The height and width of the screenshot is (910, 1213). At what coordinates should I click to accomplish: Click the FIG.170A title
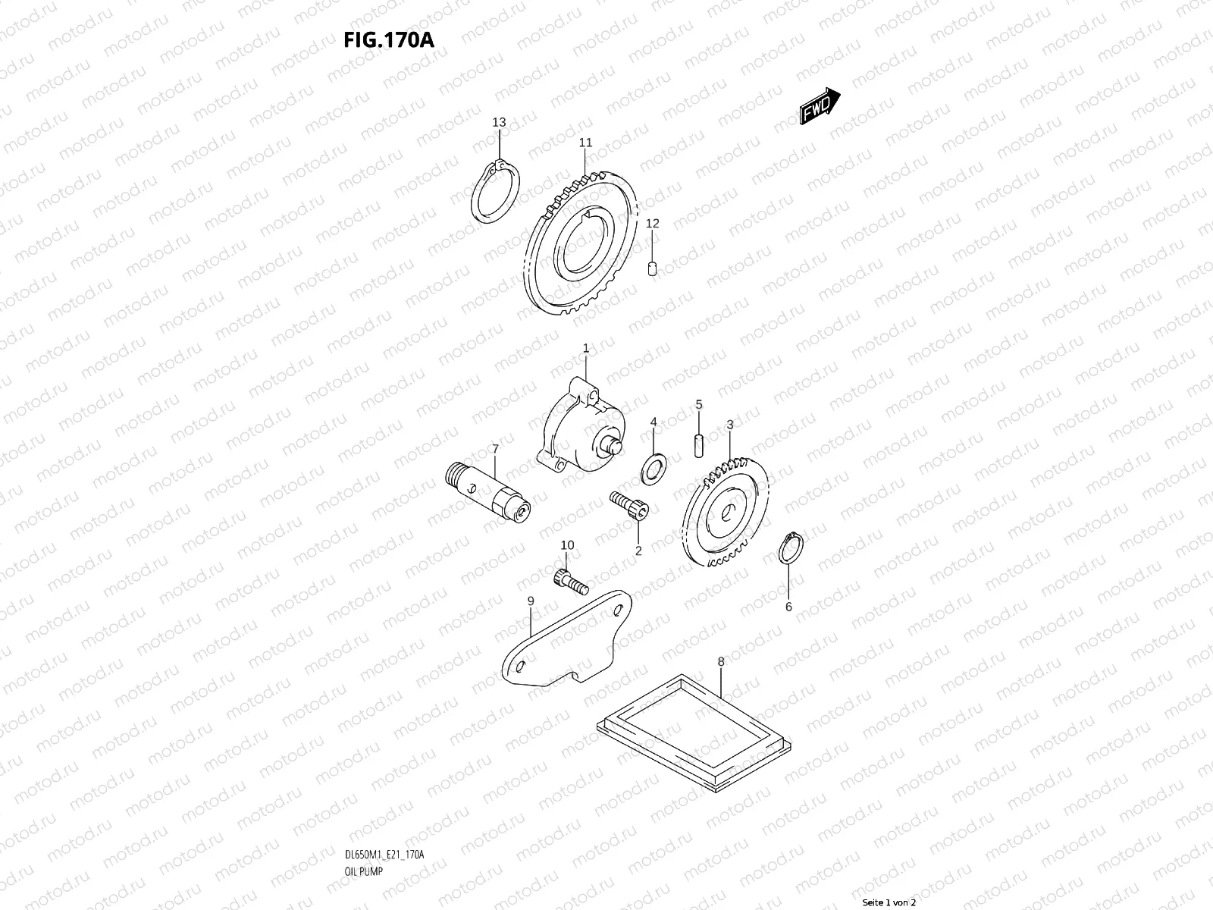point(388,39)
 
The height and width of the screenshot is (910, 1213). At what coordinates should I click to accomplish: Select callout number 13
point(499,122)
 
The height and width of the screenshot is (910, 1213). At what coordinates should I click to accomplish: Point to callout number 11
point(585,143)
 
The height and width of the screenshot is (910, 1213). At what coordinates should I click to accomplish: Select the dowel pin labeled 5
point(699,443)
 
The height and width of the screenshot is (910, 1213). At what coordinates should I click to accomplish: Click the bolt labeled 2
point(628,505)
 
